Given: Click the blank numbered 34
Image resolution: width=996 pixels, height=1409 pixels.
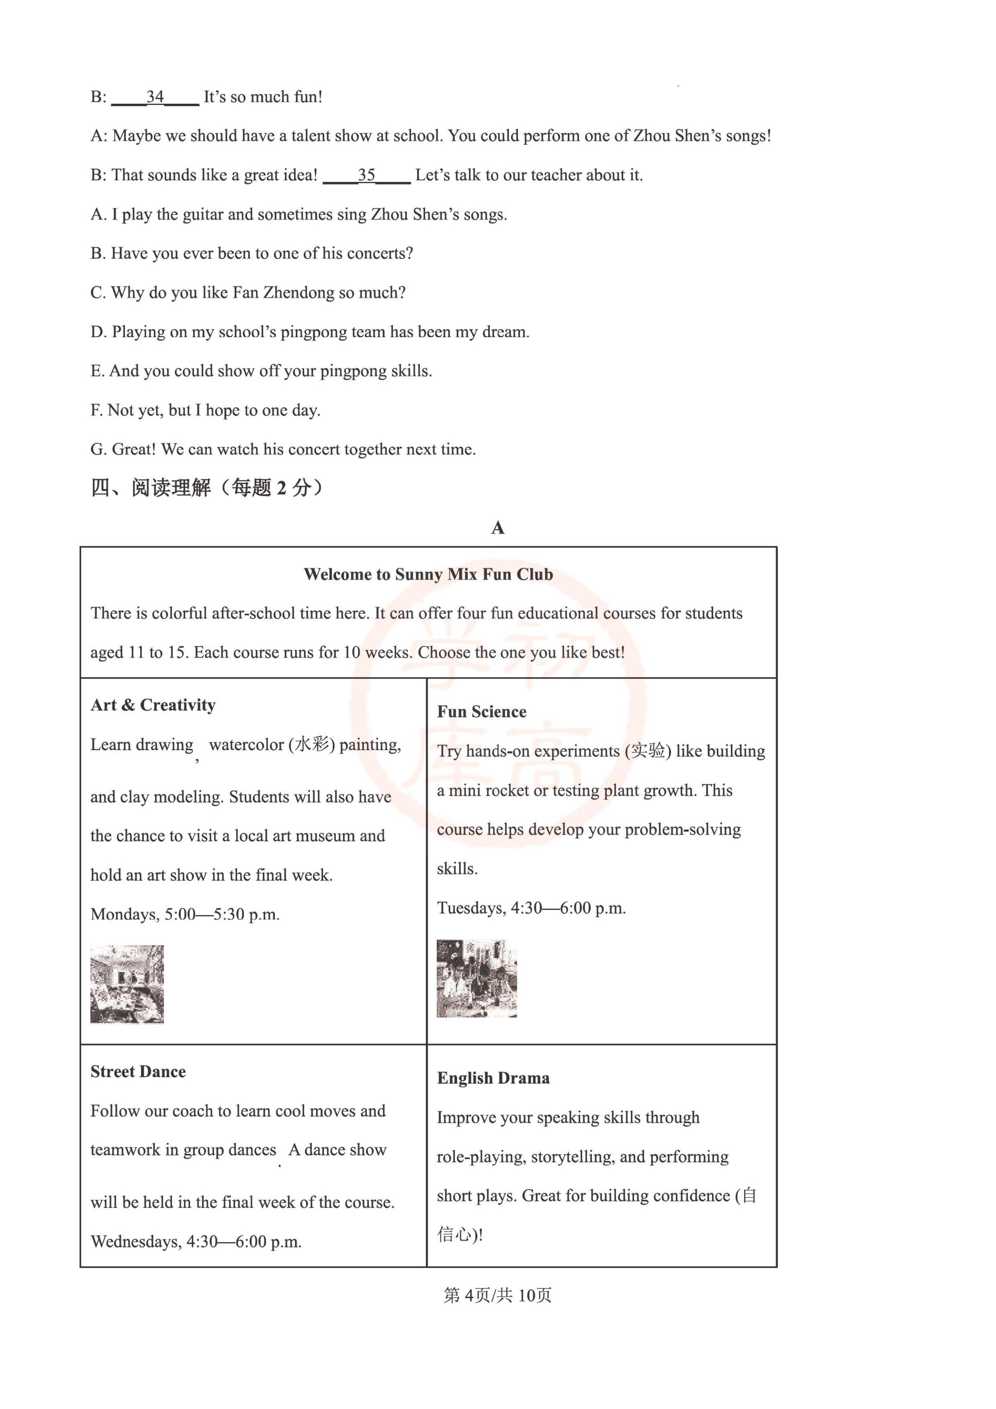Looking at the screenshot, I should pyautogui.click(x=155, y=97).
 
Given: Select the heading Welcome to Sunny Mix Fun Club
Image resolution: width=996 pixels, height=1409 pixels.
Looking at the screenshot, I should pyautogui.click(x=428, y=574).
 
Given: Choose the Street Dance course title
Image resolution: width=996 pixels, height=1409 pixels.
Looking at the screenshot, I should pyautogui.click(x=138, y=1072).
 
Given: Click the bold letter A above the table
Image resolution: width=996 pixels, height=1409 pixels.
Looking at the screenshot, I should pyautogui.click(x=498, y=528).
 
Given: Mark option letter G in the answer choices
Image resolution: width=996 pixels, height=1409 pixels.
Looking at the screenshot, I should pyautogui.click(x=98, y=450).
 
